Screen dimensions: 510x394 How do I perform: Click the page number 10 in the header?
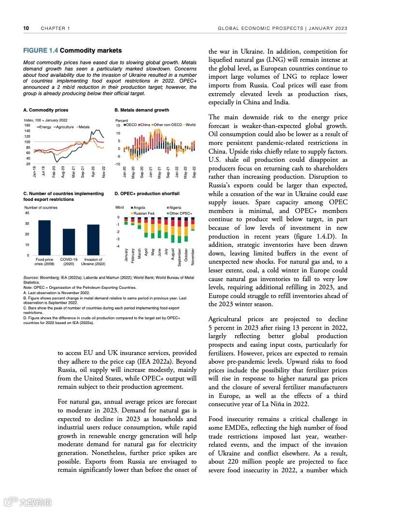coord(26,28)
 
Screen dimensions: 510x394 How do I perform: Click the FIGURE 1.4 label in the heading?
coord(41,51)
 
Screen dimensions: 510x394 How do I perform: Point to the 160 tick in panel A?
coord(27,126)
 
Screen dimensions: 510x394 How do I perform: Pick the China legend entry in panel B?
coord(145,125)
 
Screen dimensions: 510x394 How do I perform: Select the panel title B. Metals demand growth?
coord(142,110)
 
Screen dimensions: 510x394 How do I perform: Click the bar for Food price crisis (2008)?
coord(44,238)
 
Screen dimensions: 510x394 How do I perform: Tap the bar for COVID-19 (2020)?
coord(69,242)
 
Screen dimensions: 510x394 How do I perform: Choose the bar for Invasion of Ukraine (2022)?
coord(93,240)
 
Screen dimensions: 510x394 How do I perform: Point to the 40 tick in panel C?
coord(27,213)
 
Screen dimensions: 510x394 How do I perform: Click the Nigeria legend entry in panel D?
coord(175,208)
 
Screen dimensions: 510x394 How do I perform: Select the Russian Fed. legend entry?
coord(144,213)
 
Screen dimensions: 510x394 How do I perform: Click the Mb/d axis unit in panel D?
coord(120,208)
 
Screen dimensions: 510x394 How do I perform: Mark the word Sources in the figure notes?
coord(31,278)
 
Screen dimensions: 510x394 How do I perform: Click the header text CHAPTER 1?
coord(56,28)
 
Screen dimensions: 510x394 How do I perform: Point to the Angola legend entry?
coord(140,208)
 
